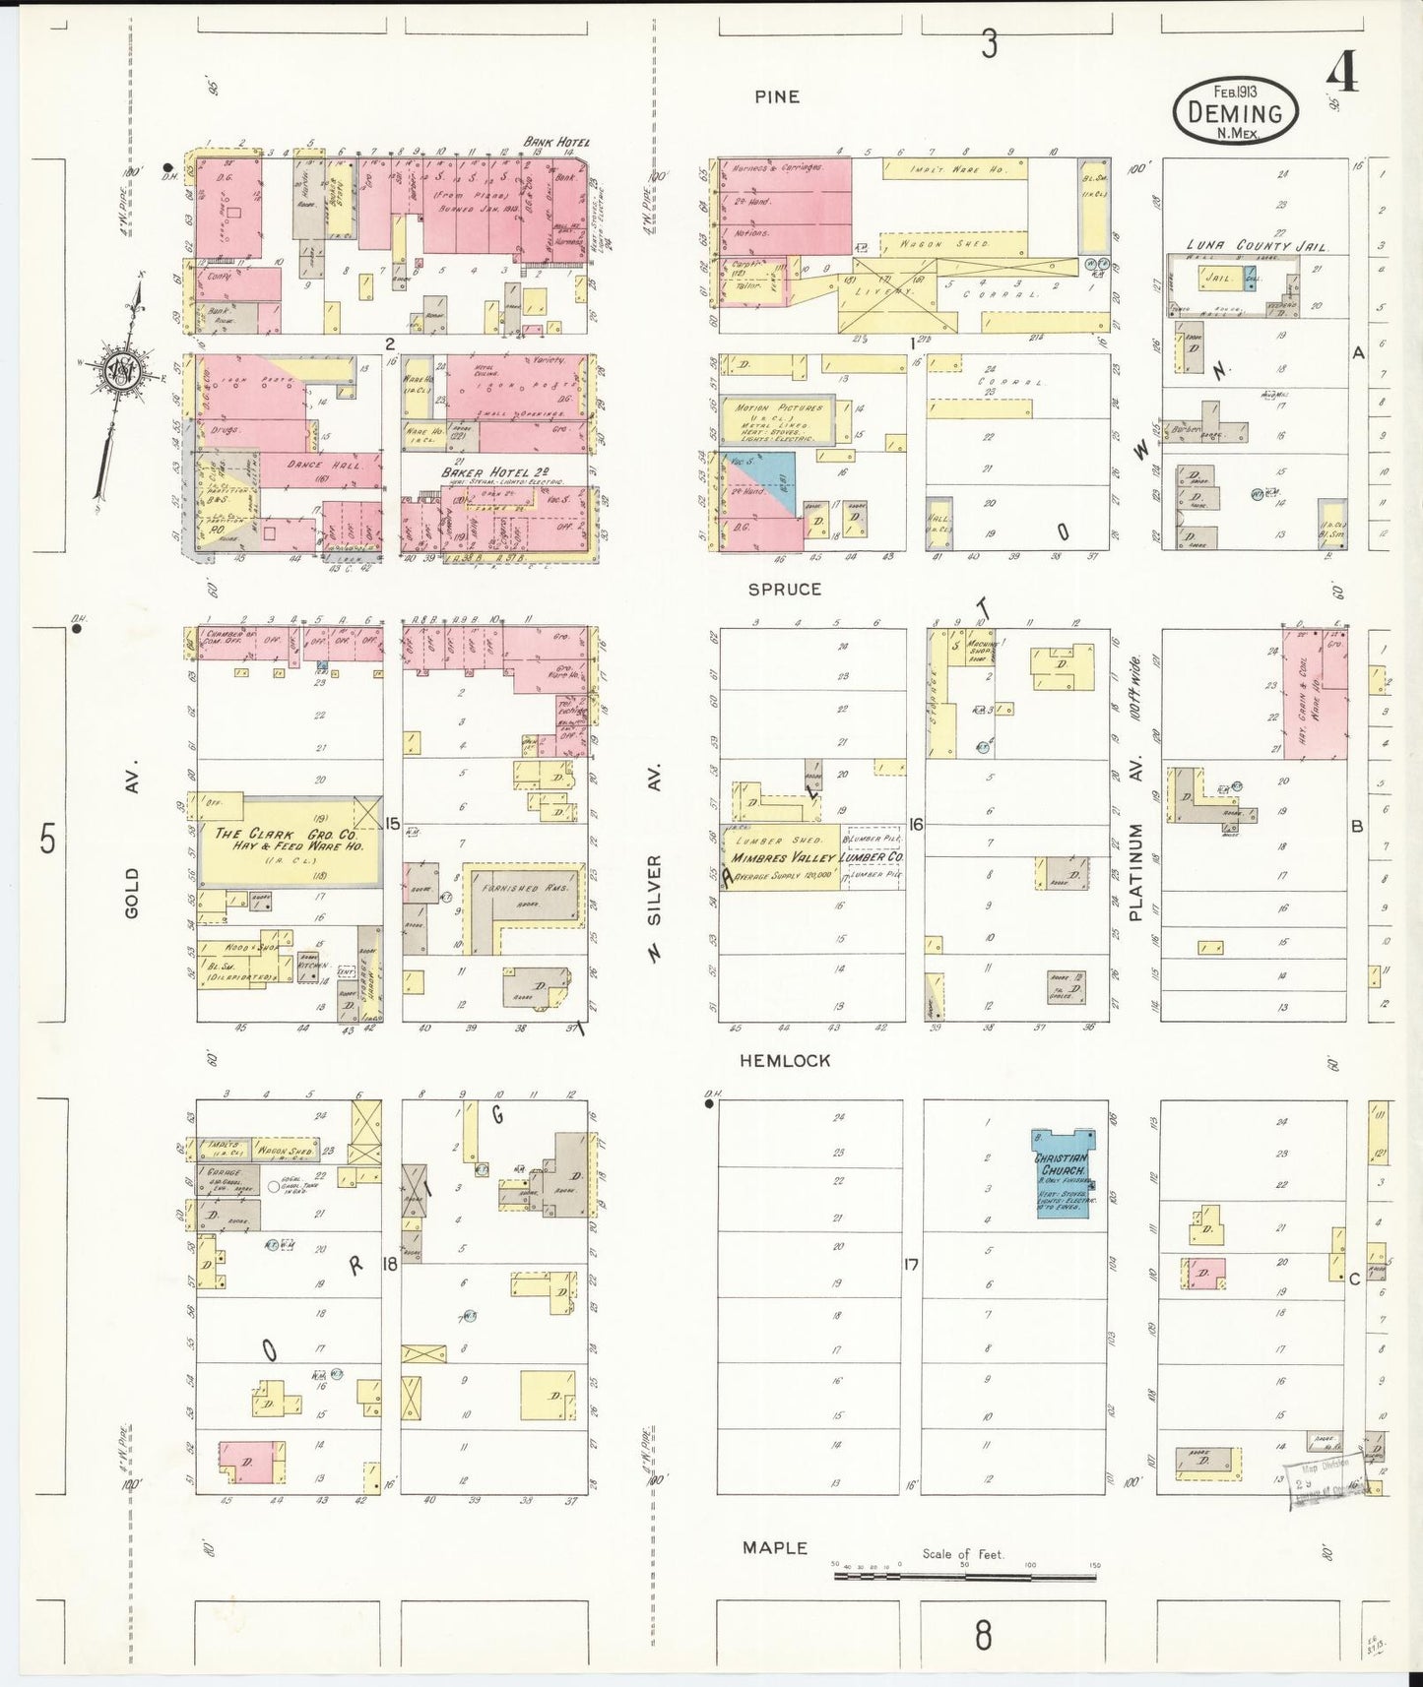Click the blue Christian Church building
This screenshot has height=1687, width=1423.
1061,1172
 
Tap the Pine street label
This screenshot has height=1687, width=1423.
777,96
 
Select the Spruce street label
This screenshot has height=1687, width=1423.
784,589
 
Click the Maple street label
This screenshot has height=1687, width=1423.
775,1547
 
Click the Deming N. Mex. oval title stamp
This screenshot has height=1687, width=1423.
1235,111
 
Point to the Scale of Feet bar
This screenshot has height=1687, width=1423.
965,1576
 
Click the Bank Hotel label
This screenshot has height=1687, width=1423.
556,142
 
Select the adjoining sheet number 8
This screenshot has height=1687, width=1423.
982,1636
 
